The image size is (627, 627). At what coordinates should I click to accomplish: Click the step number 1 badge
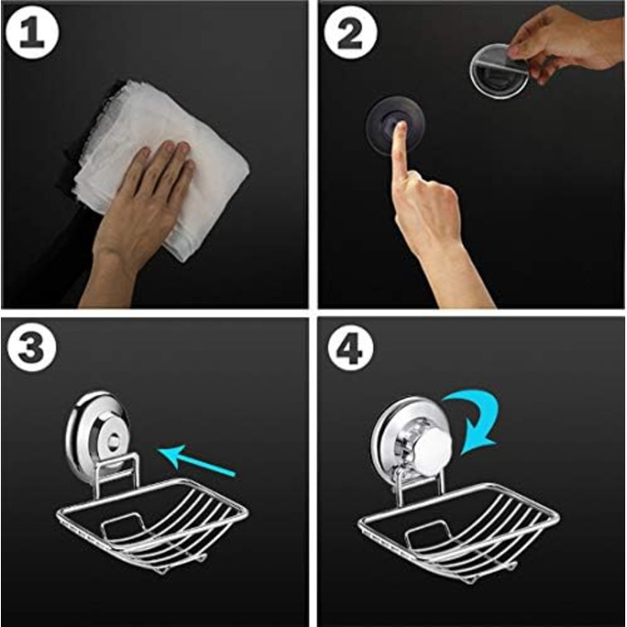click(31, 32)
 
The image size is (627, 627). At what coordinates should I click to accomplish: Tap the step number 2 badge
click(350, 32)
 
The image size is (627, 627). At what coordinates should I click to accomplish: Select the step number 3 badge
click(30, 347)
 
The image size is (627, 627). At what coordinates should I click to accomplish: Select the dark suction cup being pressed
click(395, 125)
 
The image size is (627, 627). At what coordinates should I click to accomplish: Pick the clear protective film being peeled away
click(499, 71)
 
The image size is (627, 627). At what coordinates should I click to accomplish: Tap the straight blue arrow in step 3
click(196, 460)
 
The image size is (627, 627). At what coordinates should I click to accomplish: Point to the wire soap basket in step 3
click(152, 524)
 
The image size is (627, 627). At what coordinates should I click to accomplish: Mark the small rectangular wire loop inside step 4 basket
click(426, 535)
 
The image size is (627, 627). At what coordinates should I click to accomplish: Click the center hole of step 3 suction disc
click(114, 441)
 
